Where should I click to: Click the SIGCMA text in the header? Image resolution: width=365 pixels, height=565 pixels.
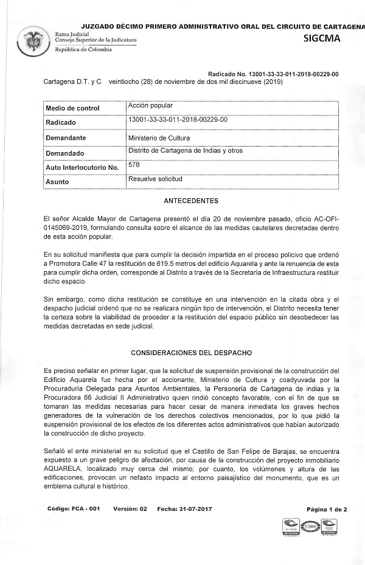point(322,39)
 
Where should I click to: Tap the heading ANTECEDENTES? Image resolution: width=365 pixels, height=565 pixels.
point(191,201)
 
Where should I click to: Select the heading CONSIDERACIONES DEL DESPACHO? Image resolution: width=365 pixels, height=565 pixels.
point(191,353)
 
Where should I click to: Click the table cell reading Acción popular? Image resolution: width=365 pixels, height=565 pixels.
point(150,106)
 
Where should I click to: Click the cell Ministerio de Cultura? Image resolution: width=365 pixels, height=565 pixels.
point(159,138)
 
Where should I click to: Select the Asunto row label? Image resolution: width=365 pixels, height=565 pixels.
point(57,182)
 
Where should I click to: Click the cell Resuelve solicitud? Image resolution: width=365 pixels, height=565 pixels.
point(155,179)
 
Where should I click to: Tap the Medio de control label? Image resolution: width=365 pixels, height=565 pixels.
point(72,108)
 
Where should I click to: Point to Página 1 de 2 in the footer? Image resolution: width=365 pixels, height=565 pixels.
point(327,509)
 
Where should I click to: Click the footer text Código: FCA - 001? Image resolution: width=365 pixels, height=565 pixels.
point(73,508)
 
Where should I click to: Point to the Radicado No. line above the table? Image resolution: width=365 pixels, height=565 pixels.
point(273,74)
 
